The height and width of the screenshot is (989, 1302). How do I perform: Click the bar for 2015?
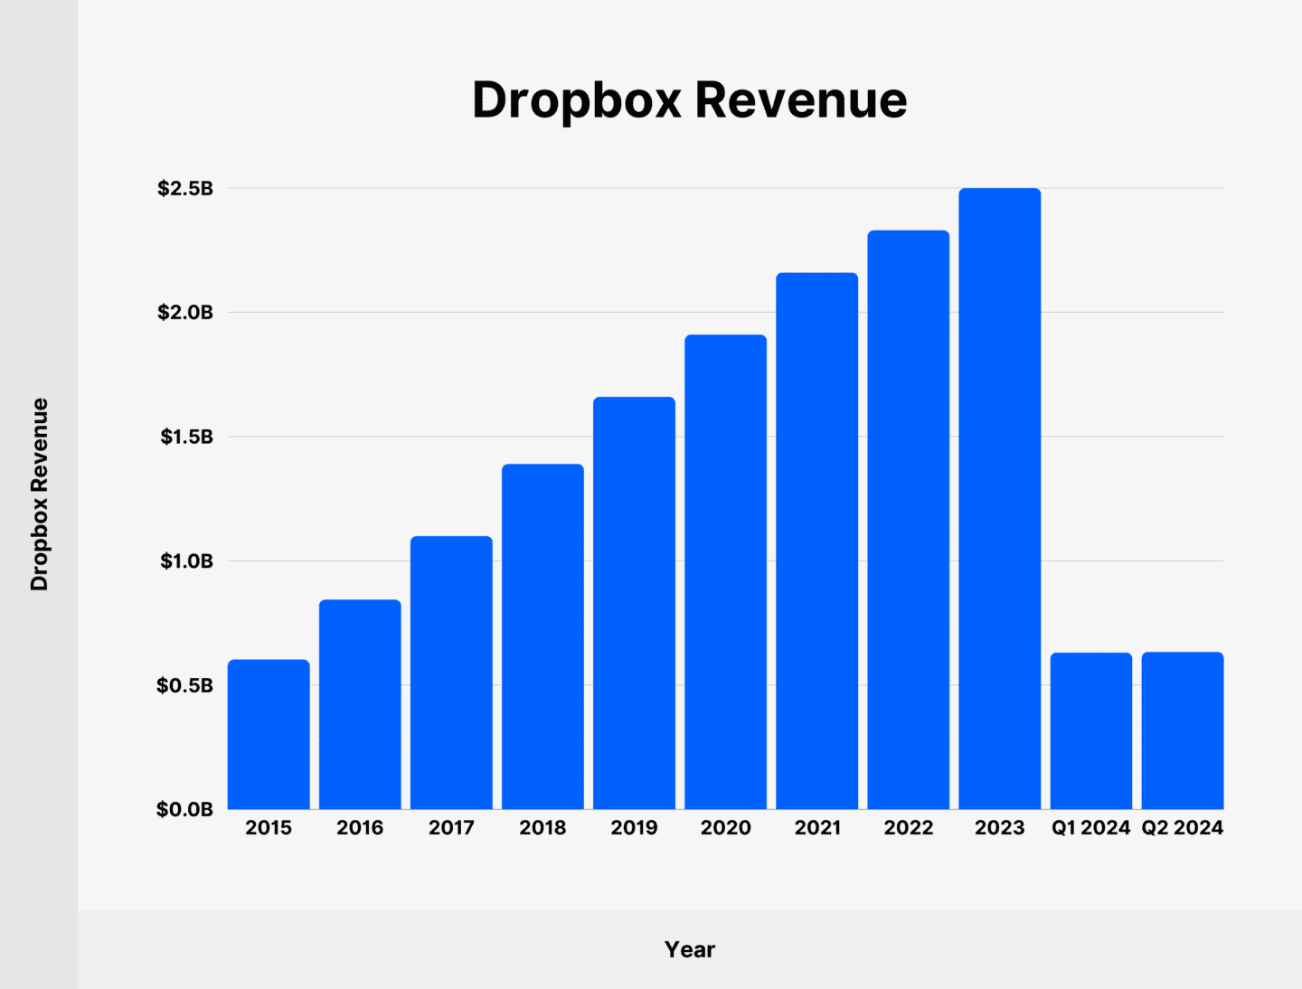269,734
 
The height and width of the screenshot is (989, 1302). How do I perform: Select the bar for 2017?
451,673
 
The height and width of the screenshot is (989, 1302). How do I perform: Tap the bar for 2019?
634,603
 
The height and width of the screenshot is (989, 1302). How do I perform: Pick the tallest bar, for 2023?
999,498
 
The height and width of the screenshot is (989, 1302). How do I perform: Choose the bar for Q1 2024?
1090,730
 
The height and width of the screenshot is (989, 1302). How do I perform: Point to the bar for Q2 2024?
1182,730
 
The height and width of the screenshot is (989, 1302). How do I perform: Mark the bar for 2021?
816,541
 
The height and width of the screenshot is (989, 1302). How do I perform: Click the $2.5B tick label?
185,188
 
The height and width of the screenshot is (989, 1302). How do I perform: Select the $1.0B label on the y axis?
186,560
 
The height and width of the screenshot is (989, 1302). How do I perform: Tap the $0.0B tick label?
185,809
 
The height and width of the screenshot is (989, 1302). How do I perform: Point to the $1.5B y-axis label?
186,437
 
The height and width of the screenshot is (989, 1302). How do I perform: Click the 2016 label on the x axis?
360,827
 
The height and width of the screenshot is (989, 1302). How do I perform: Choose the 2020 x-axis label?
725,827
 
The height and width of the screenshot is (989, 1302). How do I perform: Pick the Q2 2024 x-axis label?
1182,827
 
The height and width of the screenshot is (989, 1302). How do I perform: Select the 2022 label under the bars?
908,827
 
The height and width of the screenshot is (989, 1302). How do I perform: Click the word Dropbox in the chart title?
576,99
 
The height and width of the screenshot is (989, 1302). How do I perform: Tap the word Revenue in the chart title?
800,99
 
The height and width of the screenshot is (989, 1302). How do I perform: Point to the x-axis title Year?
690,949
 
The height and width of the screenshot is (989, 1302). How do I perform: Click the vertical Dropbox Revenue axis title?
39,494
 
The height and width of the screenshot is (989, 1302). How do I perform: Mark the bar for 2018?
542,636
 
